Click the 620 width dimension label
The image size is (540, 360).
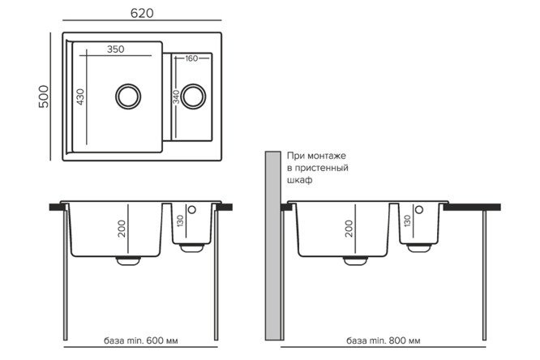click(142, 13)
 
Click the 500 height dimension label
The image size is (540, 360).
click(44, 96)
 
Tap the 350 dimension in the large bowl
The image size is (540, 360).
click(115, 49)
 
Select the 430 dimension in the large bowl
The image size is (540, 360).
click(80, 96)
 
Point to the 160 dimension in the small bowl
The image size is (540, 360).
click(191, 58)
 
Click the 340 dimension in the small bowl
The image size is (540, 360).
click(176, 96)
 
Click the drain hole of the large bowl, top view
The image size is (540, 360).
click(128, 96)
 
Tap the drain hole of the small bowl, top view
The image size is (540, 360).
click(193, 96)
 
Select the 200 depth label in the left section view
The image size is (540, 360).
click(122, 229)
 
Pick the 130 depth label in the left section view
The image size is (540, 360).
click(180, 221)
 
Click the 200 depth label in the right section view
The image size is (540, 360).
click(349, 229)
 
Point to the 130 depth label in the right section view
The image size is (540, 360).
click(407, 221)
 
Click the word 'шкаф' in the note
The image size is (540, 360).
click(300, 180)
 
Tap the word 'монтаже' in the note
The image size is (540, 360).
click(326, 156)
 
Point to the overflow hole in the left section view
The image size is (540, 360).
click(192, 209)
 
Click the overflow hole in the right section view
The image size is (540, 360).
click(419, 209)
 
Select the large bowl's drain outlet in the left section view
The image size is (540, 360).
click(128, 261)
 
